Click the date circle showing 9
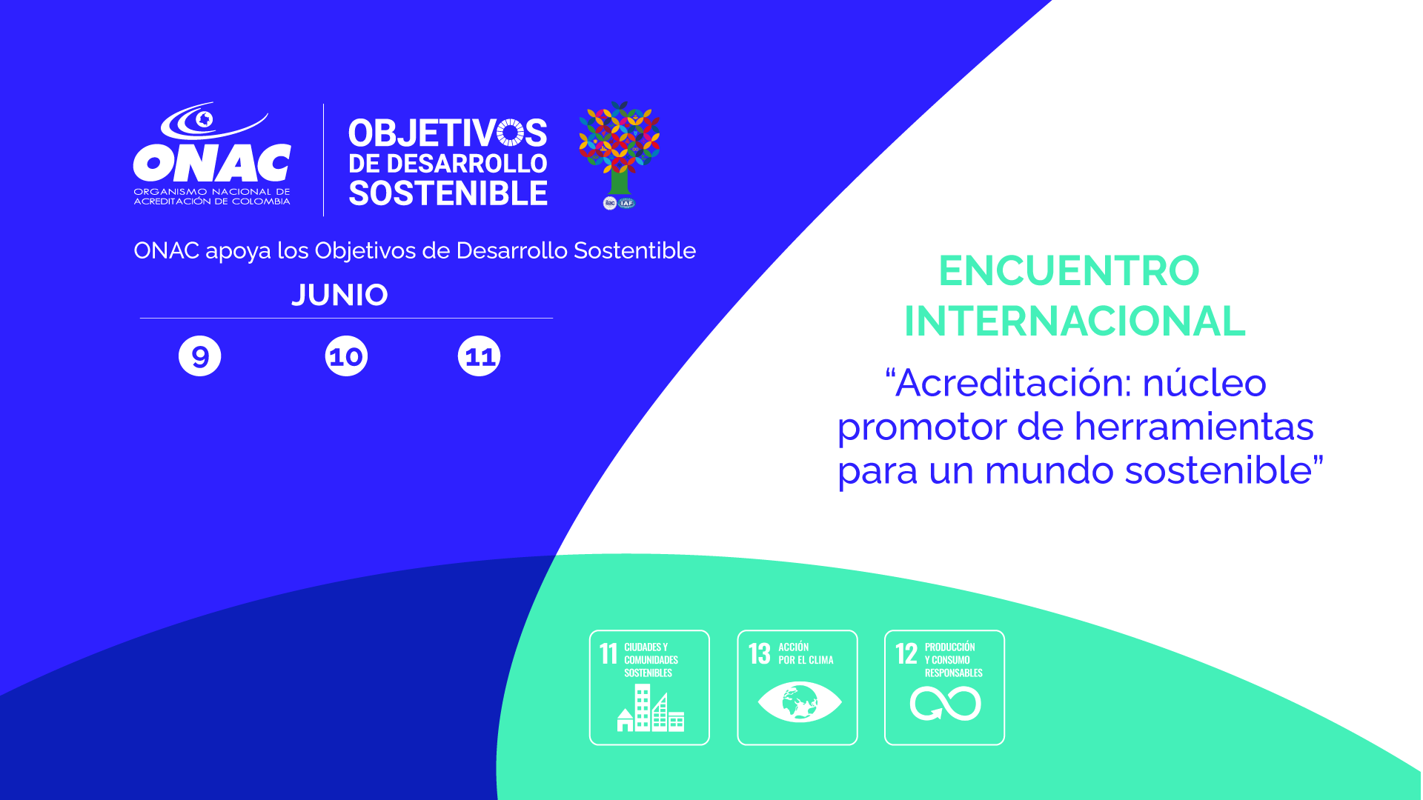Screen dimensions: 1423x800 [200, 356]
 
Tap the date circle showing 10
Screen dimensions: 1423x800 [346, 356]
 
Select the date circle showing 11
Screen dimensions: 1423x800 [480, 356]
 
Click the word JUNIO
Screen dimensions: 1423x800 [339, 295]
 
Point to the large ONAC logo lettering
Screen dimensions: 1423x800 [212, 162]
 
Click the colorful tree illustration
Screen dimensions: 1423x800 [620, 148]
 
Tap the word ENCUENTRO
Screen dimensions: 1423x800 [1069, 270]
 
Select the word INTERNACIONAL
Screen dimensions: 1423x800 [1075, 321]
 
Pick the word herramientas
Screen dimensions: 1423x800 [1194, 427]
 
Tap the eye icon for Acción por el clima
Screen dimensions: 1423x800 [800, 701]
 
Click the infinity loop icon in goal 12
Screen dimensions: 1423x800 [946, 704]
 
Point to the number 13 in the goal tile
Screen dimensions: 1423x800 [760, 653]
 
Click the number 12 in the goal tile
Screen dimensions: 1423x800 [906, 653]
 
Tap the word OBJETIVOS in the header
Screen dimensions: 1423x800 [448, 134]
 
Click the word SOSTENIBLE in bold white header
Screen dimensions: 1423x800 [448, 193]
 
